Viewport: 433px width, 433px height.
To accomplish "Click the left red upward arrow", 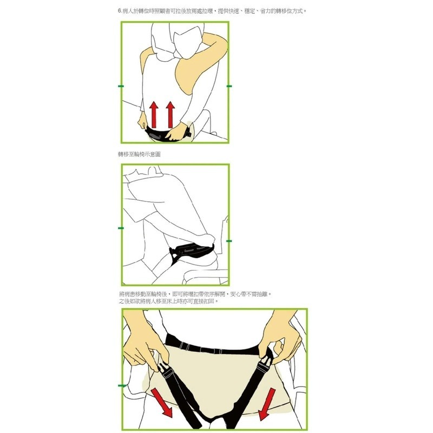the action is coord(154,115).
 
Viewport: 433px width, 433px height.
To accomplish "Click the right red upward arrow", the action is coord(170,115).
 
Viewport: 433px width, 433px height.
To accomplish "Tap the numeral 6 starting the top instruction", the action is coord(119,11).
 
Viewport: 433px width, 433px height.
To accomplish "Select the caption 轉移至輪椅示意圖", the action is coord(139,154).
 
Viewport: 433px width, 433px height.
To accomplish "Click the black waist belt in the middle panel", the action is coord(193,250).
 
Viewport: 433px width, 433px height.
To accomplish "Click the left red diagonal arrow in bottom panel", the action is coord(162,403).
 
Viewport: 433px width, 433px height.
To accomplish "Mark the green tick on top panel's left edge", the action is coord(121,86).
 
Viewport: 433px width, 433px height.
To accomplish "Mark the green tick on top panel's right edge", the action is coord(229,86).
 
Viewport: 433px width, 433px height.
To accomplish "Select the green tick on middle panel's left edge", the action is coord(121,228).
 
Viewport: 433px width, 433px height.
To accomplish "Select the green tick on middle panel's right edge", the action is coord(229,241).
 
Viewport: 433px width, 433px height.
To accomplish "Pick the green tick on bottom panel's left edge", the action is coord(122,385).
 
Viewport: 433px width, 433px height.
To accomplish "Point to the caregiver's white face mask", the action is coord(188,43).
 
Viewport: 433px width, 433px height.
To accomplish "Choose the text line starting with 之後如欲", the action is coord(168,301).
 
